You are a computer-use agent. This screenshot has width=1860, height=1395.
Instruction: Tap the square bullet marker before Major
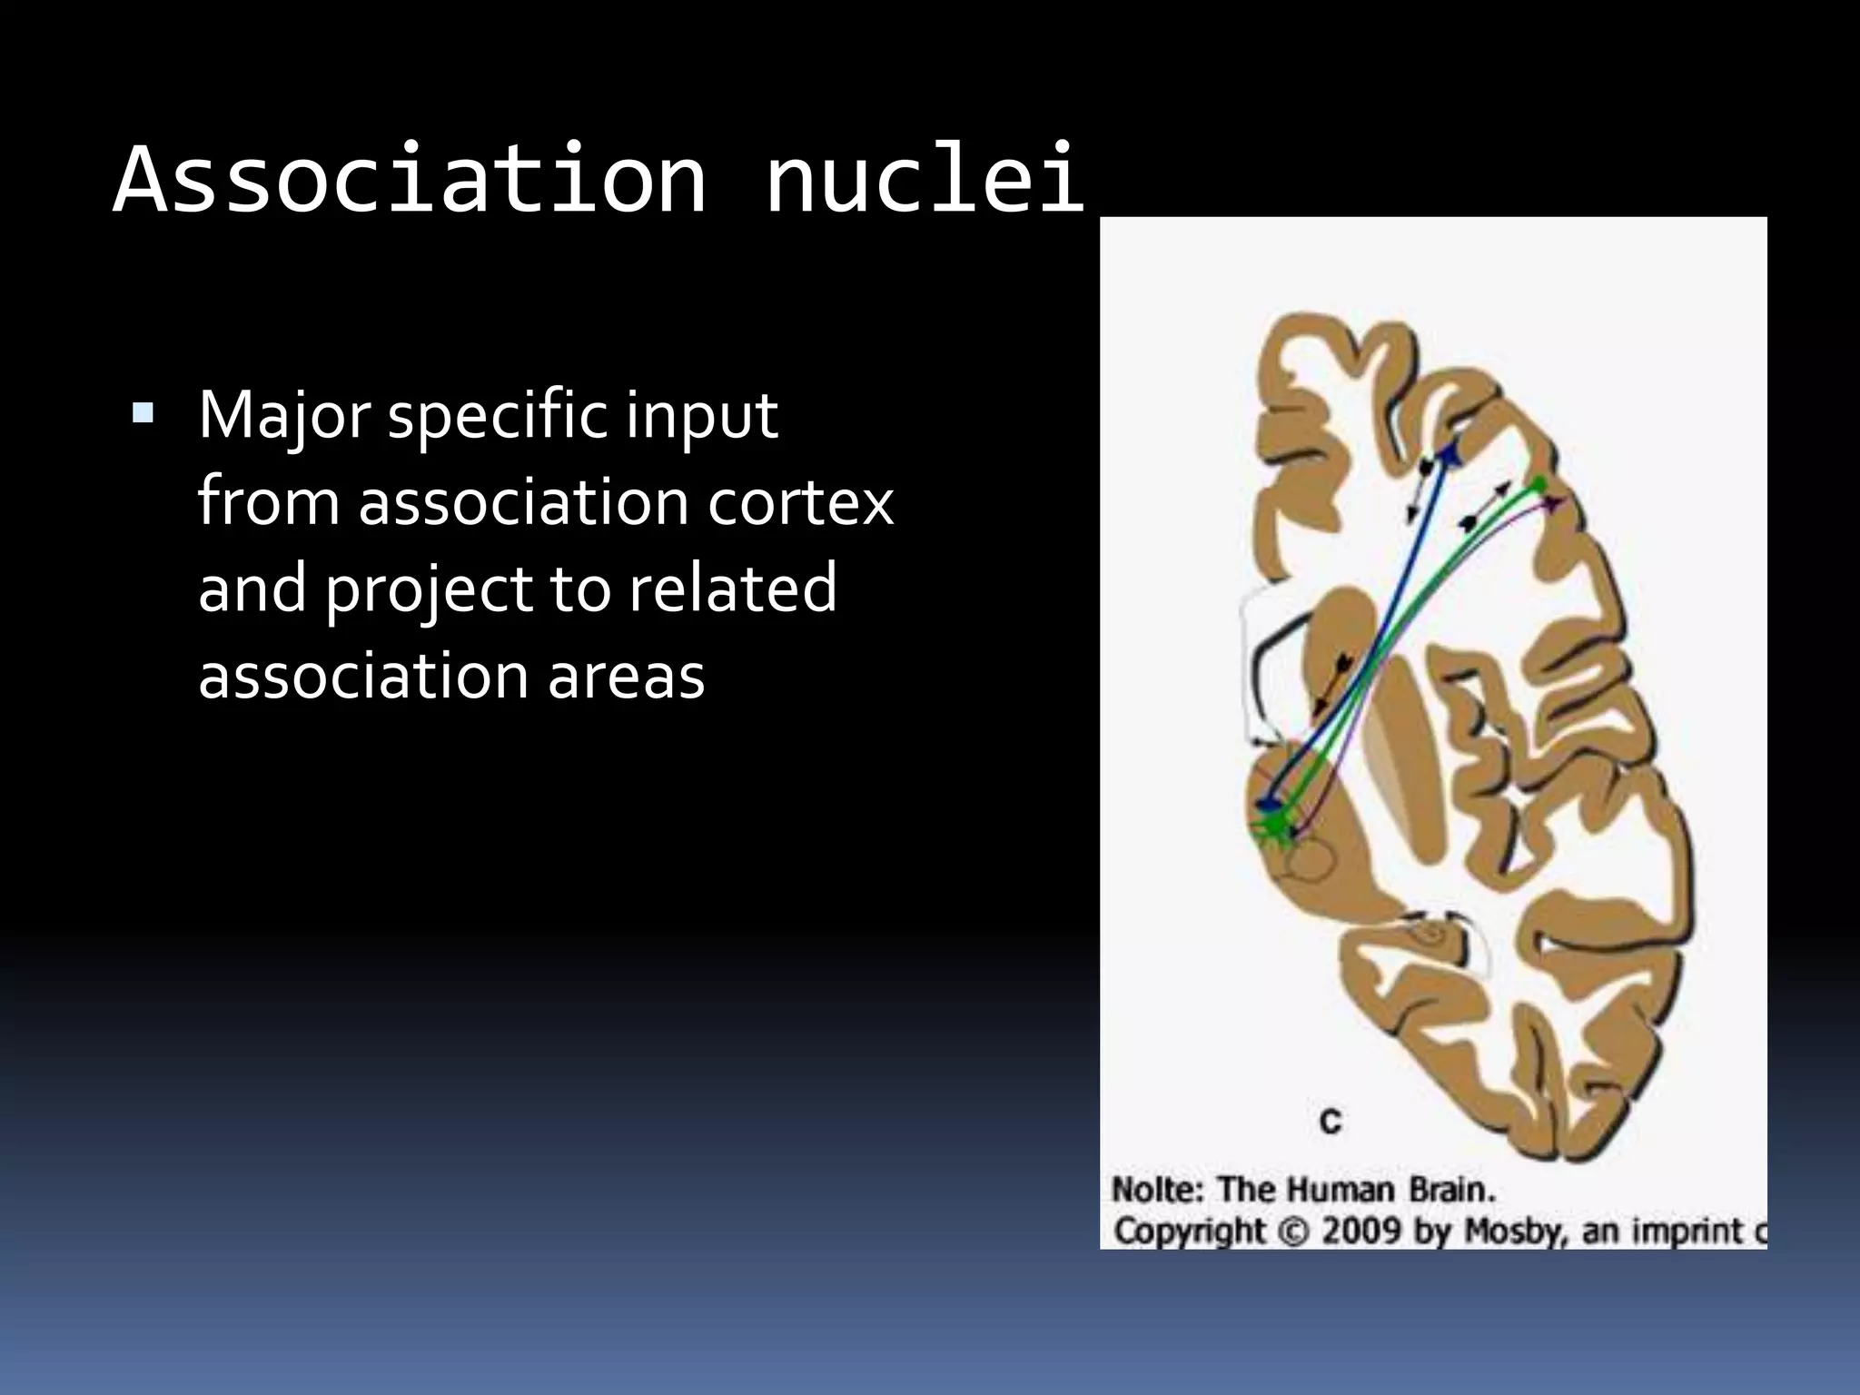(x=143, y=415)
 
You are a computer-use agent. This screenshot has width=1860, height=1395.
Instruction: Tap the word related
(x=732, y=589)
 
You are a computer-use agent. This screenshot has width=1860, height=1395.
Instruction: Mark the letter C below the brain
(x=1331, y=1122)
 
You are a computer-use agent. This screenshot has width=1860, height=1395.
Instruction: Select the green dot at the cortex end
(x=1538, y=484)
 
